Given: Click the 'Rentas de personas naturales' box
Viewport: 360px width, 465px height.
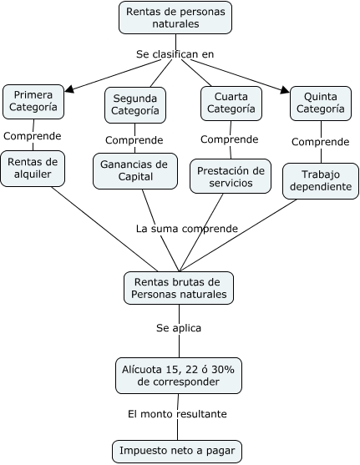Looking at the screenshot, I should (175, 18).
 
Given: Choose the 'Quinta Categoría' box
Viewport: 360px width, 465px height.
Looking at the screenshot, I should (317, 102).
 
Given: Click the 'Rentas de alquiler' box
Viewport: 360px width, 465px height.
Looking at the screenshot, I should (32, 168).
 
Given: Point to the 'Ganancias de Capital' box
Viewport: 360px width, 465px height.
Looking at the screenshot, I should (134, 170).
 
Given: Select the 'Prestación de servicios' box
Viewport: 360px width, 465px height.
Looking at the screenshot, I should (231, 176).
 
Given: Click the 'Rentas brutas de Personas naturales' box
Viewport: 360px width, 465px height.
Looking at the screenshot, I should (177, 289).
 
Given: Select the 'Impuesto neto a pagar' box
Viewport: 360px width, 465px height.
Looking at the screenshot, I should (177, 452).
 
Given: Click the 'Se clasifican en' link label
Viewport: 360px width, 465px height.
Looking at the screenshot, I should (175, 54).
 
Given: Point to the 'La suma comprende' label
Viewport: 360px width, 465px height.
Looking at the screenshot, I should (187, 228).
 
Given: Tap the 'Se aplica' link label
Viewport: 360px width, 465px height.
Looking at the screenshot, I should (178, 328).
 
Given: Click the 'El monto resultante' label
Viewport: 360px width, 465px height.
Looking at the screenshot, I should (177, 413).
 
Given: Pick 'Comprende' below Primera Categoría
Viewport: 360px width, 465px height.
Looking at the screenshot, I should (32, 135).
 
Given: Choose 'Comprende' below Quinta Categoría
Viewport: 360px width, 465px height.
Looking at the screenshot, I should (320, 141).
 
